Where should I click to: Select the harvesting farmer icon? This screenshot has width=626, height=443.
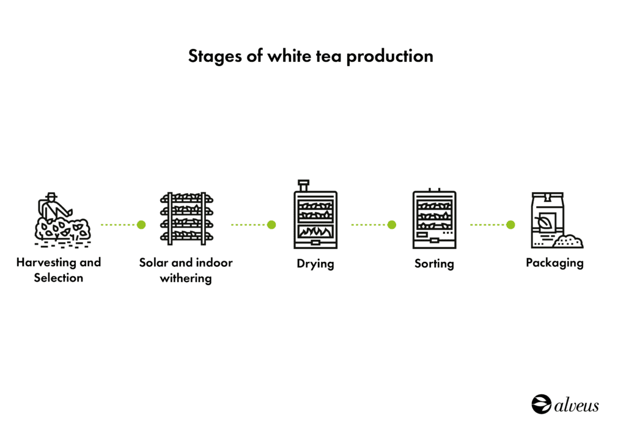pos(62,220)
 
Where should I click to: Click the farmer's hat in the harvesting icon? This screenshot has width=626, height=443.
pos(51,196)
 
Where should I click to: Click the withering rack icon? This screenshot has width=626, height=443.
pos(186,218)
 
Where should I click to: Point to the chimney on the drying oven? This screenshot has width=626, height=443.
pos(303,185)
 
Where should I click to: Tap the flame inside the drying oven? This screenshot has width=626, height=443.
pos(315,233)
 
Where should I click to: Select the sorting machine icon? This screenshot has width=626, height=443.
pos(434,219)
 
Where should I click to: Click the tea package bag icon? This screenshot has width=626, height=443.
pos(547,219)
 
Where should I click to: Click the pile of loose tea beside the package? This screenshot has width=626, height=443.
pos(569,241)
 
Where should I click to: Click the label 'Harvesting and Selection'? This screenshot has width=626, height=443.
pos(59,270)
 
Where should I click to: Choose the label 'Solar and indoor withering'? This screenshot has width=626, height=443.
pos(186,270)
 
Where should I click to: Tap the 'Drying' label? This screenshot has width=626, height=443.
pos(315,264)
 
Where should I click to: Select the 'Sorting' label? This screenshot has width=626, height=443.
pos(434,264)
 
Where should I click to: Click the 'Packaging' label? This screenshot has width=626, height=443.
pos(554,263)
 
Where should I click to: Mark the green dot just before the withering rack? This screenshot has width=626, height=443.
pos(141,225)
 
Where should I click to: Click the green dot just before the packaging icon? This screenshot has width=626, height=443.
pos(510,225)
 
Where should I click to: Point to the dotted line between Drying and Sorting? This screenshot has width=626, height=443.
pos(369,225)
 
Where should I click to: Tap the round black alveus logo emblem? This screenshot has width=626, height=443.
pos(541,404)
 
